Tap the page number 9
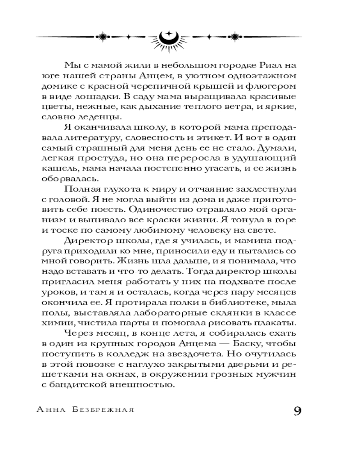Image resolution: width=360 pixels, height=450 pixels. [x=297, y=412]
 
